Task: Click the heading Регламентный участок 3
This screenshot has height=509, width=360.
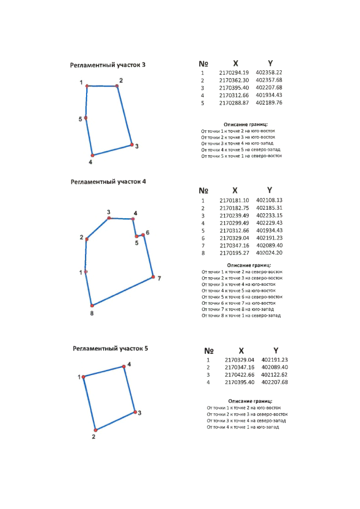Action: point(107,65)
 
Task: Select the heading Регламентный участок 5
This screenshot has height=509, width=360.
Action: point(110,349)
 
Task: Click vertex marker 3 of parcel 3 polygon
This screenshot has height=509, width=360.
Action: point(132,145)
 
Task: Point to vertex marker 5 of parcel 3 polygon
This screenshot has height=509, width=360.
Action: point(86,118)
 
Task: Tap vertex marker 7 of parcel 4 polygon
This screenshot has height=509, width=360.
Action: point(153,277)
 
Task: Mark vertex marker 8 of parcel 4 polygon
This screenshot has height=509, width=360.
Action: point(91,305)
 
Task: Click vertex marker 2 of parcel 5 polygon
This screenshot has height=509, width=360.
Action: point(95,430)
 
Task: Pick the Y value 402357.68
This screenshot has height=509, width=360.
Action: point(269,80)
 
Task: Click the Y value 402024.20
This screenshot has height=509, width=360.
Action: point(269,253)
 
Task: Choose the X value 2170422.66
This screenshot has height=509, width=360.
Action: point(240,375)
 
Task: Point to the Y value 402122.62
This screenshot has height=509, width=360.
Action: point(274,375)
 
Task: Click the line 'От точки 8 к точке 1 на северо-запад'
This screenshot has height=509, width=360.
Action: point(241,316)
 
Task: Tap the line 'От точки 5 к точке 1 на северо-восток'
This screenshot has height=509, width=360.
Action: point(241,156)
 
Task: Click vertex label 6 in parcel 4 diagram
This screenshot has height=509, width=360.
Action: point(147,232)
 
